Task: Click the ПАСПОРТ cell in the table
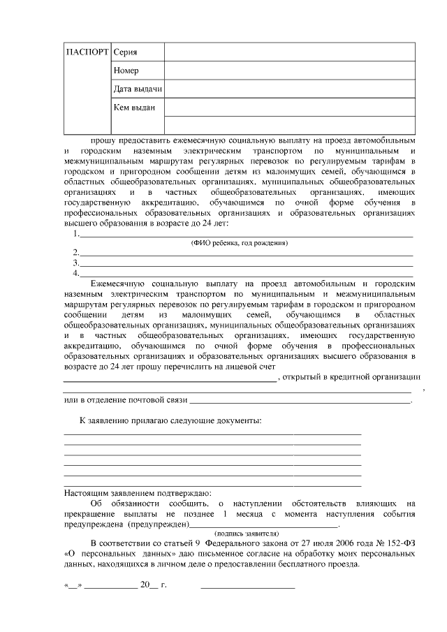click(87, 53)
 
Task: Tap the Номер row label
click(126, 71)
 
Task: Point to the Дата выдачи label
click(138, 89)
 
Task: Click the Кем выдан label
click(133, 108)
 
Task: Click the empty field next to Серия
click(289, 53)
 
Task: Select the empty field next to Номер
click(289, 71)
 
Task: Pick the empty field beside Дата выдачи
click(289, 89)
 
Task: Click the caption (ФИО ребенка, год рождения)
click(240, 243)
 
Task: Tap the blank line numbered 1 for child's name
click(244, 235)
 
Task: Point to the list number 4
click(75, 273)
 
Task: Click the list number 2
click(75, 253)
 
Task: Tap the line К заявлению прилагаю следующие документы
click(171, 421)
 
